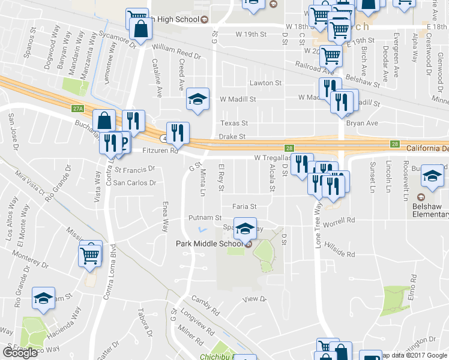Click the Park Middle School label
pyautogui.click(x=209, y=243)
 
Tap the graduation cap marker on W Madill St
pyautogui.click(x=197, y=98)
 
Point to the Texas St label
pyautogui.click(x=234, y=123)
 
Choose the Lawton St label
pyautogui.click(x=267, y=83)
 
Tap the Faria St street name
pyautogui.click(x=244, y=206)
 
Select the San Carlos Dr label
pyautogui.click(x=134, y=182)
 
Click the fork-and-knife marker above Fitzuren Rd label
pyautogui.click(x=178, y=132)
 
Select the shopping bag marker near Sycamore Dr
pyautogui.click(x=140, y=29)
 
